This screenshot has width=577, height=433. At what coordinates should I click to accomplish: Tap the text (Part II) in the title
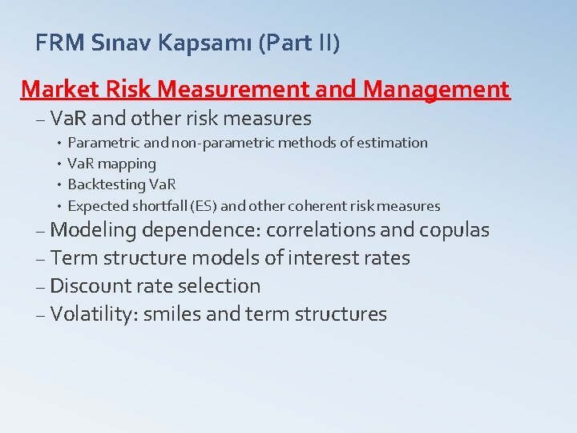(299, 42)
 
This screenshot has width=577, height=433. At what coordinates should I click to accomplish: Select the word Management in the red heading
(436, 89)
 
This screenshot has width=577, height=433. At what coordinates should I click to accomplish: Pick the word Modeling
(93, 230)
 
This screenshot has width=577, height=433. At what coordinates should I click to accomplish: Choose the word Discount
(89, 286)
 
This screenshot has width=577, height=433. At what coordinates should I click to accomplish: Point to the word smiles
(171, 314)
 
